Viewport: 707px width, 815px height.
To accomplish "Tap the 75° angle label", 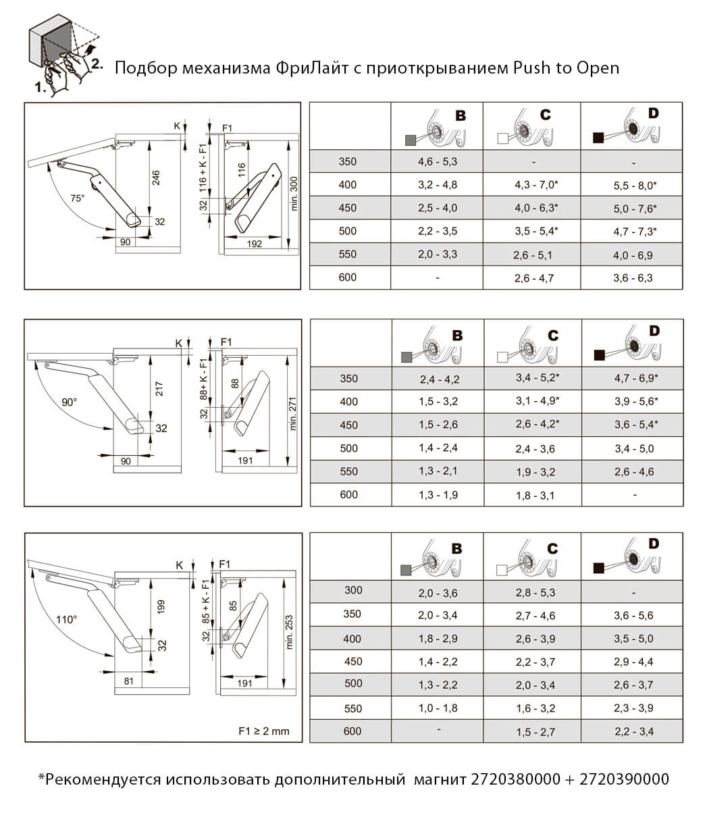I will (x=78, y=198).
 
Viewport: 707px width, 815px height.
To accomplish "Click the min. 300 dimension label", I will (x=293, y=193).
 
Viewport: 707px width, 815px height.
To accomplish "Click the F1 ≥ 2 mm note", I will (x=263, y=731).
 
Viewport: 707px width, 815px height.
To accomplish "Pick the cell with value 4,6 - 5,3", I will (x=438, y=162).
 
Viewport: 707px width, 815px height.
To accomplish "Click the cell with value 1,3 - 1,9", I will (x=438, y=495).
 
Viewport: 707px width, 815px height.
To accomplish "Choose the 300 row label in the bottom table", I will (x=353, y=591).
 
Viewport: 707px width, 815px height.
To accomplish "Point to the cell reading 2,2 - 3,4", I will (x=633, y=732).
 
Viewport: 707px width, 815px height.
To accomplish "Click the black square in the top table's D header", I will (x=598, y=138).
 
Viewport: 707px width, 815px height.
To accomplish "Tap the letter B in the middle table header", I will (x=457, y=336).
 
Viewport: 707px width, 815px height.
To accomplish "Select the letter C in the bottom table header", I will (x=552, y=549).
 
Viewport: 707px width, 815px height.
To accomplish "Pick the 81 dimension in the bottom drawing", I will (x=129, y=682).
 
